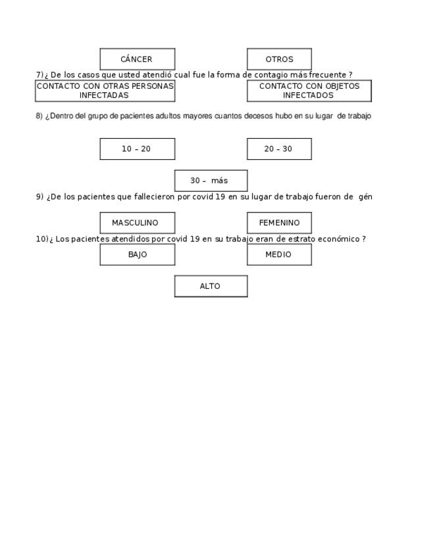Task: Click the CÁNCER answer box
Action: coord(137,59)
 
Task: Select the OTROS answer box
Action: coord(279,59)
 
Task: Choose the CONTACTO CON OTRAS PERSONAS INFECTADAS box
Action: coord(105,91)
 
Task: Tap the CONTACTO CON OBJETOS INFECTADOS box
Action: coord(309,91)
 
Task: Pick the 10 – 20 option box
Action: coord(137,149)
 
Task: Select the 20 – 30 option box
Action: coord(279,149)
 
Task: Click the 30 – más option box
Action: coord(211,180)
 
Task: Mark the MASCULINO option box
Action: coord(137,222)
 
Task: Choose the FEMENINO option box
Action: coord(279,222)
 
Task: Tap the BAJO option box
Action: coord(137,255)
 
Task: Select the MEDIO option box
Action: coord(279,255)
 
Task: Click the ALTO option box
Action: coord(211,286)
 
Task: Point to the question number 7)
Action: coord(39,75)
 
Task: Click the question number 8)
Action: coord(39,116)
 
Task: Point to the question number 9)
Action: coord(39,197)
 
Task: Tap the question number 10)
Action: coord(41,239)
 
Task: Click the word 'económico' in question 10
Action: coord(339,239)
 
